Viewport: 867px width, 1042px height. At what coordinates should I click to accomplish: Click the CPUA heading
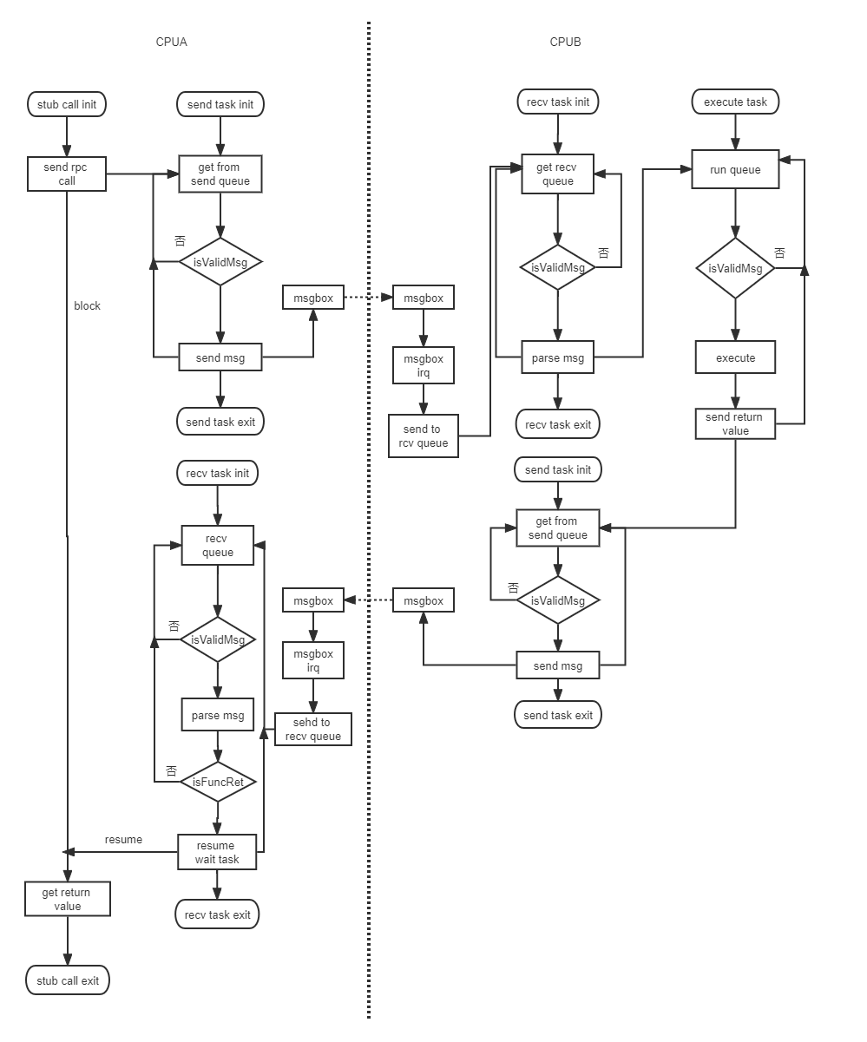point(171,42)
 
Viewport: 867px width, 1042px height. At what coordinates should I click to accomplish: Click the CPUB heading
point(565,42)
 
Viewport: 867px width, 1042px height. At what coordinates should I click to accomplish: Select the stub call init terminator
point(67,105)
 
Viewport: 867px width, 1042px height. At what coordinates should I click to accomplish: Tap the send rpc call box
point(67,174)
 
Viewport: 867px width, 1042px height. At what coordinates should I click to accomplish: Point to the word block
point(87,305)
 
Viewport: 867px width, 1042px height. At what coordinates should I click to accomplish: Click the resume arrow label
point(123,839)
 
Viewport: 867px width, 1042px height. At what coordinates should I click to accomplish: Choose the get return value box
point(67,899)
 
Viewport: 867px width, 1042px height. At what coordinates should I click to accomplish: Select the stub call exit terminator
point(67,981)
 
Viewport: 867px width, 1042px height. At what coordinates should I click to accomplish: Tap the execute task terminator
point(735,102)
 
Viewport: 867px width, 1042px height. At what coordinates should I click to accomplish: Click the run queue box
point(735,170)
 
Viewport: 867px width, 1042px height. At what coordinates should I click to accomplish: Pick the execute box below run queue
point(735,357)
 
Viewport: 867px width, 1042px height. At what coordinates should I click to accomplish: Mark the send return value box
point(734,423)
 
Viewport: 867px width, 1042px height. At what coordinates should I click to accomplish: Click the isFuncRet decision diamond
point(218,782)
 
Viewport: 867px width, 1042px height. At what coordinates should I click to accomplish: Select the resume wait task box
point(217,852)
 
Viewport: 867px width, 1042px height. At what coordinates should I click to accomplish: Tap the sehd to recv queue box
point(313,730)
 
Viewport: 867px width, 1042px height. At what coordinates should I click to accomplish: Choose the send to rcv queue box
point(424,436)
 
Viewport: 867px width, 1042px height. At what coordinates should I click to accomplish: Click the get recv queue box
point(558,174)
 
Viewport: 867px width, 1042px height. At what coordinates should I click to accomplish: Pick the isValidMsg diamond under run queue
point(735,268)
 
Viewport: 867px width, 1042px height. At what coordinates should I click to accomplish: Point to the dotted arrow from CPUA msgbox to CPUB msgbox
point(367,298)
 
